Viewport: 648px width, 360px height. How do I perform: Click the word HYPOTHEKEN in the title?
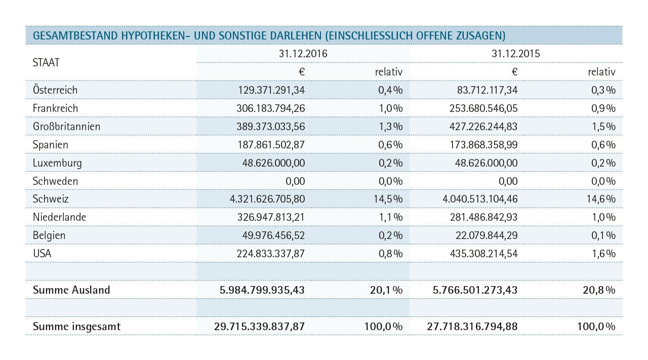155,35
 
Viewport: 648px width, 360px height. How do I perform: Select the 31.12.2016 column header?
303,54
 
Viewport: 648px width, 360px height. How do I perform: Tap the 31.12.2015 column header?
515,54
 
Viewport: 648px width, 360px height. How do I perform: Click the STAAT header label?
46,62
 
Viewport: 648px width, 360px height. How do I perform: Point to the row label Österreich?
55,90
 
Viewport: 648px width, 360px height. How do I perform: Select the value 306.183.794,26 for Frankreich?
270,108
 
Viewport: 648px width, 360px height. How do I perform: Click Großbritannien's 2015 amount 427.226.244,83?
483,127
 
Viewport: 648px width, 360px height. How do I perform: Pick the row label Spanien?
50,145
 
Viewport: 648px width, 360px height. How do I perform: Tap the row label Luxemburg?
57,163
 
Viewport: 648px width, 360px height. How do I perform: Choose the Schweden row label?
55,181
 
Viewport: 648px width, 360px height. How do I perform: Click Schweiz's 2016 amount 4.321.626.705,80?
267,199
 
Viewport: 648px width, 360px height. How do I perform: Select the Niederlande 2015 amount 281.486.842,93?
483,217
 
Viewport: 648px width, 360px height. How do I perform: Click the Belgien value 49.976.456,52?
273,235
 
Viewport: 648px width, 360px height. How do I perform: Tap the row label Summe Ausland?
71,290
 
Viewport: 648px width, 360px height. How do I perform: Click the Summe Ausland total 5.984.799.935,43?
262,290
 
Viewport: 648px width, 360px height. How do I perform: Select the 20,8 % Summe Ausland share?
599,290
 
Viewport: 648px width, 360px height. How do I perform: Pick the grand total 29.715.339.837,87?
260,326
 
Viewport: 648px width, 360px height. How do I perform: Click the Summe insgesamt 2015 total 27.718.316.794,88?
472,326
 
